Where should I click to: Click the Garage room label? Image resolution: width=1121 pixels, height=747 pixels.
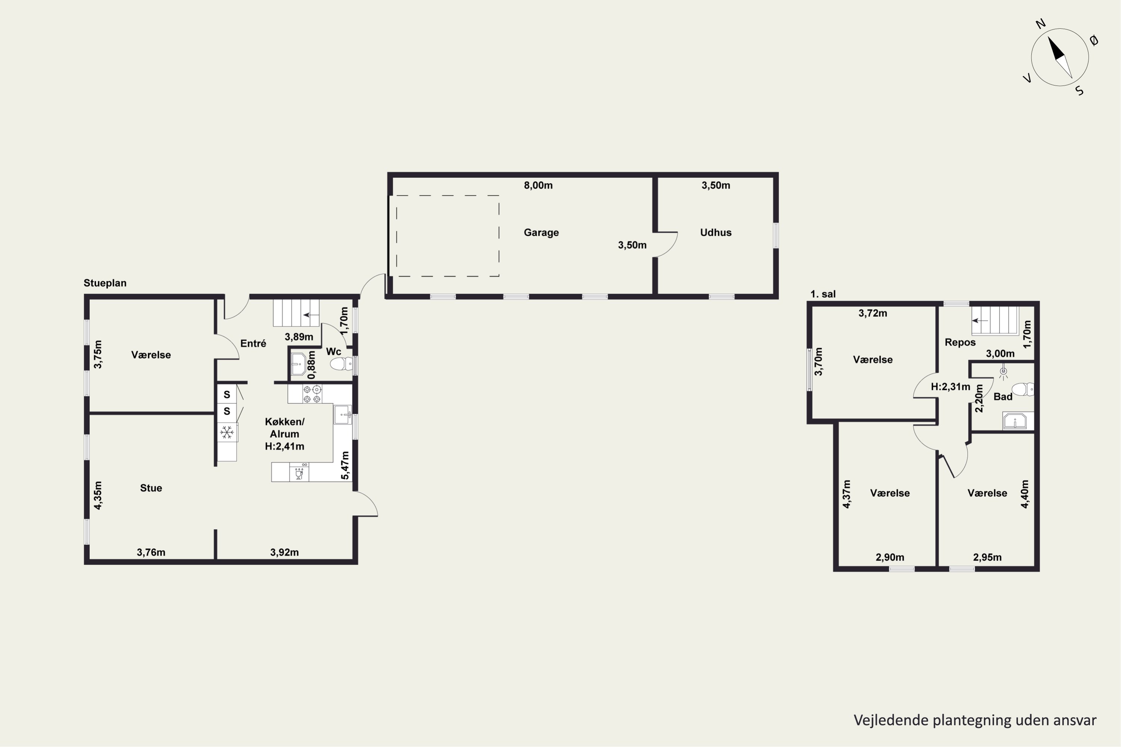pyautogui.click(x=541, y=232)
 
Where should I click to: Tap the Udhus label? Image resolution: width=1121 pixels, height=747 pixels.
pyautogui.click(x=716, y=232)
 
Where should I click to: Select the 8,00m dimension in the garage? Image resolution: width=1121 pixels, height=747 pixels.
pyautogui.click(x=538, y=185)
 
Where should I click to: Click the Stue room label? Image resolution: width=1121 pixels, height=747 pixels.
pyautogui.click(x=151, y=488)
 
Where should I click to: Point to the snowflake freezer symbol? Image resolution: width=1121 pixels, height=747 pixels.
pyautogui.click(x=227, y=433)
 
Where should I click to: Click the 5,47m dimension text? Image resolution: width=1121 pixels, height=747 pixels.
pyautogui.click(x=345, y=465)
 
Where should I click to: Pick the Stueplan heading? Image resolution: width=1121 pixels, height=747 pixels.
pyautogui.click(x=105, y=283)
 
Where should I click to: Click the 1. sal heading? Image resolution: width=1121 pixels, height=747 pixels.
pyautogui.click(x=823, y=294)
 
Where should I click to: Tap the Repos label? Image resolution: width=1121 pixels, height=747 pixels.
pyautogui.click(x=960, y=342)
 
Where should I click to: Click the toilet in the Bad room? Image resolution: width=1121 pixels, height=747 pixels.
pyautogui.click(x=1022, y=389)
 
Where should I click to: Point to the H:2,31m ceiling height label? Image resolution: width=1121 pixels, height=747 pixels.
pyautogui.click(x=950, y=387)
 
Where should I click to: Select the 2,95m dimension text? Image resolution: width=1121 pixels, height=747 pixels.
pyautogui.click(x=987, y=557)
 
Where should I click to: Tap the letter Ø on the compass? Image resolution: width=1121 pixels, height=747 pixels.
pyautogui.click(x=1094, y=40)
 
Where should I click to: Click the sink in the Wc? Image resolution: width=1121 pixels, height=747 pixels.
pyautogui.click(x=298, y=365)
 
